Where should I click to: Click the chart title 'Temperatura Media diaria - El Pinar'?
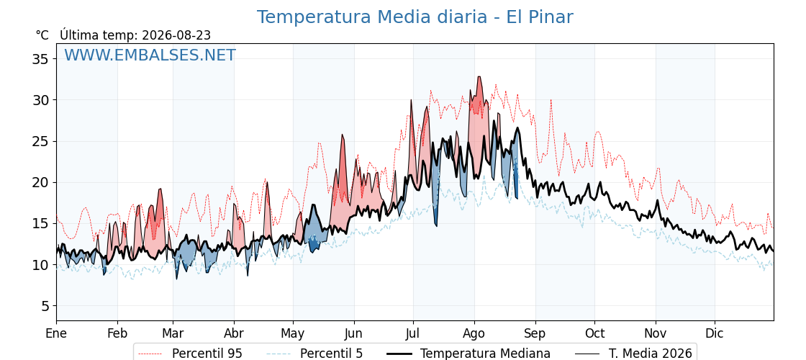point(415,17)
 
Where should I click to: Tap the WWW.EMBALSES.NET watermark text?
point(150,55)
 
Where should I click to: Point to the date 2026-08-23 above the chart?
point(176,35)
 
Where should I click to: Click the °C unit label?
point(42,35)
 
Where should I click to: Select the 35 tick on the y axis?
point(40,59)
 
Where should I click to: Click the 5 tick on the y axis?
point(44,306)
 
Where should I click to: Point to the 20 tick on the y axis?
point(40,183)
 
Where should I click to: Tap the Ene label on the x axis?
point(57,333)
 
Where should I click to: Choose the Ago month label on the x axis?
point(474,333)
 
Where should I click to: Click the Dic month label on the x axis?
point(715,333)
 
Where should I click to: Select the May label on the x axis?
point(293,333)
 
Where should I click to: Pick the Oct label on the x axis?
point(595,333)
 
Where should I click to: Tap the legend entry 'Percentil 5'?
point(315,354)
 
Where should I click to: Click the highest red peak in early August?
point(479,77)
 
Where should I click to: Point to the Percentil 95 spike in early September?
point(551,100)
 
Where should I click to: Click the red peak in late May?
point(343,135)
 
